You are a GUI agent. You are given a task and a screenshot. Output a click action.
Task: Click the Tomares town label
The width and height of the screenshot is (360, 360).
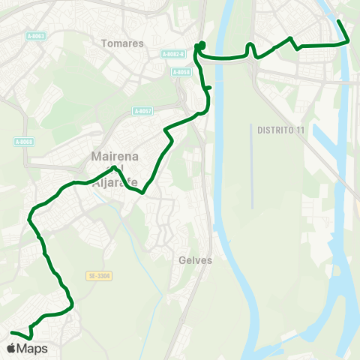point(122,43)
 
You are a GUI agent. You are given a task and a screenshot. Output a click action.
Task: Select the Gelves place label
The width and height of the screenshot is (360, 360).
point(196,261)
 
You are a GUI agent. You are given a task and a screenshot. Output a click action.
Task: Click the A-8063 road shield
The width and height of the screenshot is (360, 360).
point(34,36)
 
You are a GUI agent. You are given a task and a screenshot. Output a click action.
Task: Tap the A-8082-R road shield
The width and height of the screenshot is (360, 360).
point(172,54)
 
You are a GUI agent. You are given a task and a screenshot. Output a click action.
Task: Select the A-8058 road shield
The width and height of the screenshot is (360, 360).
point(181,72)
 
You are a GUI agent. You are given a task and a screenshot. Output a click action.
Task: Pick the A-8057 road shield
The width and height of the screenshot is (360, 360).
point(142,111)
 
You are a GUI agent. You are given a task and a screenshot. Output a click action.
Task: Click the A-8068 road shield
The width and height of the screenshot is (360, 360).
point(24,141)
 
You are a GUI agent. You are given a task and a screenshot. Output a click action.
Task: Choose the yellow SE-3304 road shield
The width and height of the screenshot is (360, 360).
point(98,276)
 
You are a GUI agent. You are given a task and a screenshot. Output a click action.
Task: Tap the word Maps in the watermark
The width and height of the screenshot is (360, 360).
point(32,349)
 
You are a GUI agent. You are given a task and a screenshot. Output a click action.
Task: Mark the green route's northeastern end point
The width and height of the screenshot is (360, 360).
point(339,20)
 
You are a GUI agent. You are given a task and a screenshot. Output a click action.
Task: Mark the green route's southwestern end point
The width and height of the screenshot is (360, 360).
point(12,332)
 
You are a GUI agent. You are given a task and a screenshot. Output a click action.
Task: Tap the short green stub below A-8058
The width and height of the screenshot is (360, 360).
point(208,88)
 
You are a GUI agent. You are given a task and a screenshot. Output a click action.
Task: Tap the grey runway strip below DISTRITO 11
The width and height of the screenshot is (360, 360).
point(253,172)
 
